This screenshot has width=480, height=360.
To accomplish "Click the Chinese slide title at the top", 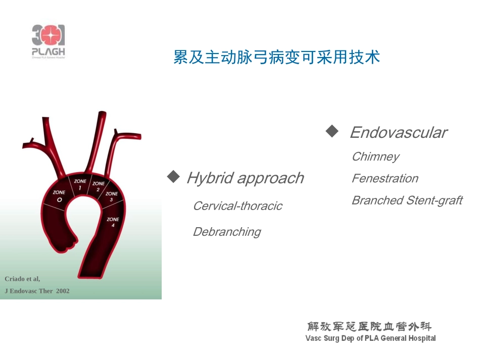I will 276,57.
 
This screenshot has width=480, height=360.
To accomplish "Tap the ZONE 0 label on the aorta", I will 59,196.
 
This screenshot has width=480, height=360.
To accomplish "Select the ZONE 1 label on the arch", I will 80,184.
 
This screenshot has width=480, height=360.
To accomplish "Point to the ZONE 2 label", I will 99,186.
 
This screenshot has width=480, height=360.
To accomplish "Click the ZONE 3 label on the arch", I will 112,197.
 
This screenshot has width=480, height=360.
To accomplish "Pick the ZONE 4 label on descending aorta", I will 113,222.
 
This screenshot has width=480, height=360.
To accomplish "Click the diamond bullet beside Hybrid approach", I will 173,177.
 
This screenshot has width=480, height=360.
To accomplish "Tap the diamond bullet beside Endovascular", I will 332,131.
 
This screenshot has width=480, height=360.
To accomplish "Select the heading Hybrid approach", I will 245,178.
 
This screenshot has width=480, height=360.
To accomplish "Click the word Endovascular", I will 398,133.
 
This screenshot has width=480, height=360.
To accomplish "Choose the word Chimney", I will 375,157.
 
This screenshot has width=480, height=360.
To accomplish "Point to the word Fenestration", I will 385,178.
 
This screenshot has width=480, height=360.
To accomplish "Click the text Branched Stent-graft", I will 407,200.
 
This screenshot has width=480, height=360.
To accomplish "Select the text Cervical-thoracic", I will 237,206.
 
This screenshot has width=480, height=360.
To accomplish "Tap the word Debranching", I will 227,232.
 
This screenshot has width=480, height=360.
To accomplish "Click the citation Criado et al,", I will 22,279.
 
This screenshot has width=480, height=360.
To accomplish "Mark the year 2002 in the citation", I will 63,291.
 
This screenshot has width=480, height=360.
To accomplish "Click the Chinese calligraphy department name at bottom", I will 370,326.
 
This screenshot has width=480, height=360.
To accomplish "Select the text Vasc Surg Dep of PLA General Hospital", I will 370,338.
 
